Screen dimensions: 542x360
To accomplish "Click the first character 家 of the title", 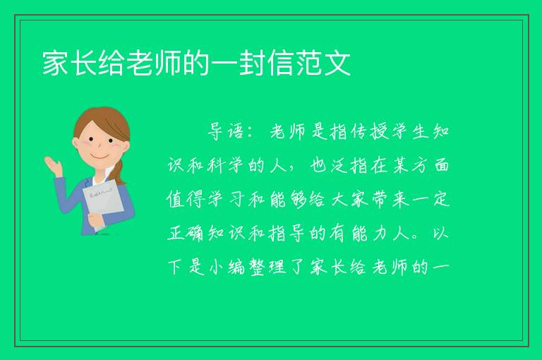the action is (x=55, y=63).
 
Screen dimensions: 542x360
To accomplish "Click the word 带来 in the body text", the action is (x=390, y=199).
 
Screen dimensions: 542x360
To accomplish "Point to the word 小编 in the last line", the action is (x=227, y=268).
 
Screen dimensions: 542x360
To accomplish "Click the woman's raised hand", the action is (x=53, y=165).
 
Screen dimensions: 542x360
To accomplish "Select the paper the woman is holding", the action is (x=103, y=204).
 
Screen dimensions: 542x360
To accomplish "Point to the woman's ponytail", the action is (x=119, y=172).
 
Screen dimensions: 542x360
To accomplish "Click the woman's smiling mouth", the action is (x=100, y=156).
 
